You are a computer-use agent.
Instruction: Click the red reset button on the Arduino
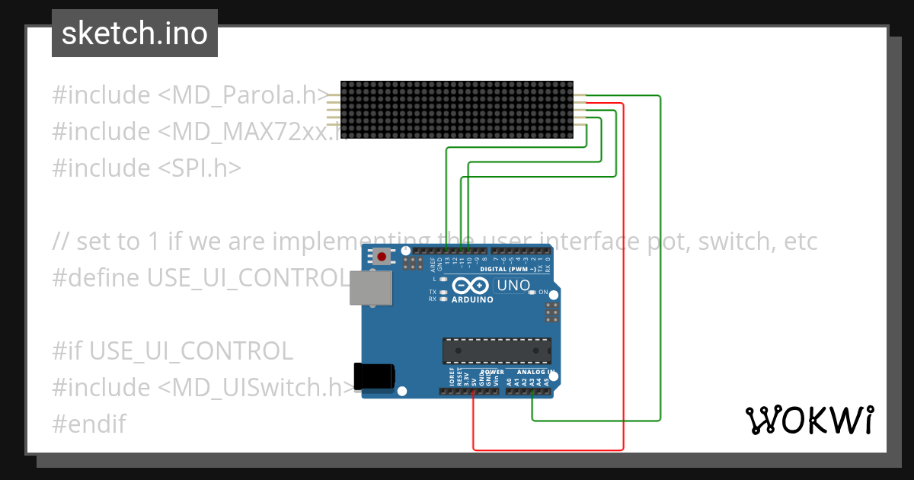pos(381,257)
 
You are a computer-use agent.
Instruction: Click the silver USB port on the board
pos(371,286)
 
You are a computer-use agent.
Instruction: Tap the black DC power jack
pos(375,377)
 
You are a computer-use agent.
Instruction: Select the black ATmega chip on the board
pos(497,350)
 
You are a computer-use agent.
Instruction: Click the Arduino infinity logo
pos(471,286)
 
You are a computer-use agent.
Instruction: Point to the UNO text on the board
pos(513,286)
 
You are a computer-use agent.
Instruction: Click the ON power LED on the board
pos(532,293)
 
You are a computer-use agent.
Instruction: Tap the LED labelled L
pos(443,280)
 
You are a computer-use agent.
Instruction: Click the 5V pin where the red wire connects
pos(474,392)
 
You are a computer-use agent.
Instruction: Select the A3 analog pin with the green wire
pos(532,392)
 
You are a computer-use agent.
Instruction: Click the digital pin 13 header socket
pos(446,250)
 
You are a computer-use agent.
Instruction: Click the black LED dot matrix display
pos(456,110)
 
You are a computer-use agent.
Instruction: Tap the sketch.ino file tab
pos(135,34)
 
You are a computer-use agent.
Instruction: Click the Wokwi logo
pos(809,420)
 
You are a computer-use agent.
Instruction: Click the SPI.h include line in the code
pos(146,168)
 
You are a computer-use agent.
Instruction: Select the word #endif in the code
pos(89,423)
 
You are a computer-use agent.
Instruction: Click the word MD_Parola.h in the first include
pos(244,95)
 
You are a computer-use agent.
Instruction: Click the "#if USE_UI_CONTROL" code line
pos(172,350)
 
